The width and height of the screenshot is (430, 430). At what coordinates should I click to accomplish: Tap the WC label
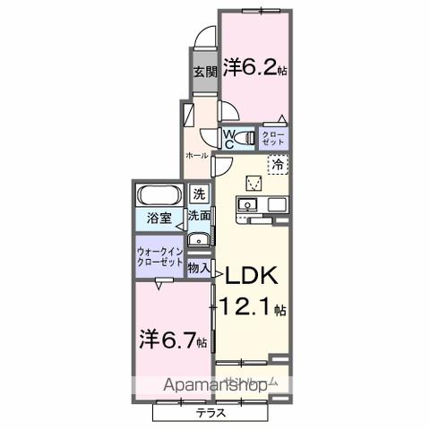pyautogui.click(x=230, y=138)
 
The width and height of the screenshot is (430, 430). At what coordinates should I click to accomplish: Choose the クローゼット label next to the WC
pyautogui.click(x=272, y=138)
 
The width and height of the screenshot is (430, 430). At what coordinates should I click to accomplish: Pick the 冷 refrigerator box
pyautogui.click(x=279, y=166)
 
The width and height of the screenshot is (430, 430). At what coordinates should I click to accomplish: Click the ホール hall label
pyautogui.click(x=196, y=155)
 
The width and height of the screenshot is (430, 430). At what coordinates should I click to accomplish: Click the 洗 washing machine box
pyautogui.click(x=200, y=193)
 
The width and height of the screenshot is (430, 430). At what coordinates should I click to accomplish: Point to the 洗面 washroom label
pyautogui.click(x=199, y=216)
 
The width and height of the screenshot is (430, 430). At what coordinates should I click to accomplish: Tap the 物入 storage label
pyautogui.click(x=199, y=266)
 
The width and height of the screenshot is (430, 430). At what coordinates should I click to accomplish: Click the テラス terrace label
pyautogui.click(x=211, y=414)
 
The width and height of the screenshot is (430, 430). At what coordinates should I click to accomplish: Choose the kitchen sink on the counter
pyautogui.click(x=247, y=206)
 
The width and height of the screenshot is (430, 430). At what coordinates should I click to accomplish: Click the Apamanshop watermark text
pyautogui.click(x=214, y=385)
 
